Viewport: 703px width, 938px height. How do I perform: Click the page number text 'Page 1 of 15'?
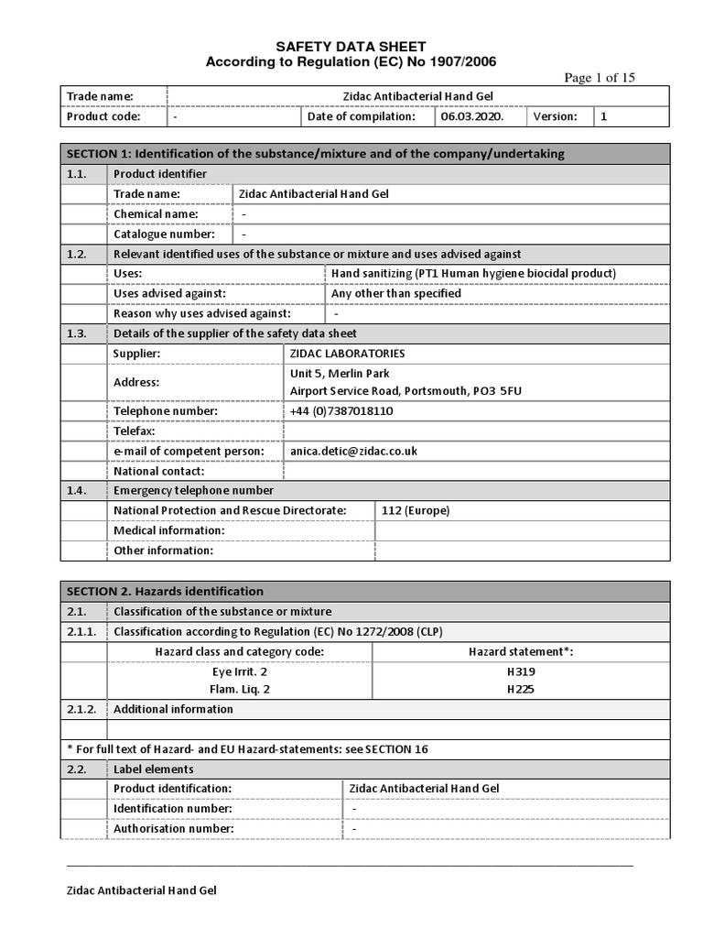pos(600,78)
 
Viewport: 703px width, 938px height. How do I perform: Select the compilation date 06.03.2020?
pos(470,116)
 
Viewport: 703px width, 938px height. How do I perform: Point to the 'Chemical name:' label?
pos(155,213)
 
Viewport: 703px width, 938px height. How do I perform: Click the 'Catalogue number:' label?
pos(164,234)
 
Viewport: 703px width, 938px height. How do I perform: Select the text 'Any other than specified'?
pos(395,293)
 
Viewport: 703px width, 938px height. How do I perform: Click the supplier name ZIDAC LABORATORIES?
pos(347,353)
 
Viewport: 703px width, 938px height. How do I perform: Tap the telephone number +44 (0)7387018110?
pos(341,411)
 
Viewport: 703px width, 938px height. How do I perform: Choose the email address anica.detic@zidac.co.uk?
pos(353,451)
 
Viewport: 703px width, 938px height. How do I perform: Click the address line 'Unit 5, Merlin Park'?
pos(340,373)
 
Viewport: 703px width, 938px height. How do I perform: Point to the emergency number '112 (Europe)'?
pos(416,510)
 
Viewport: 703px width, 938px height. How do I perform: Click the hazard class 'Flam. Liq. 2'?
pos(241,689)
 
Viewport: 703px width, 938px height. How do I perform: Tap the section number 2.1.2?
pos(82,709)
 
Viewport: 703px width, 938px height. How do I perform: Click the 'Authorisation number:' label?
pos(173,828)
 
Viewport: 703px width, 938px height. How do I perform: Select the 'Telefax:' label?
pos(135,431)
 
